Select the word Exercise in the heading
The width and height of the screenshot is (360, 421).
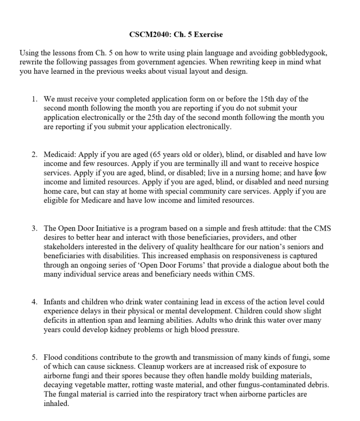coord(208,35)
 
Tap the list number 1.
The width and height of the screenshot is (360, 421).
coord(34,99)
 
